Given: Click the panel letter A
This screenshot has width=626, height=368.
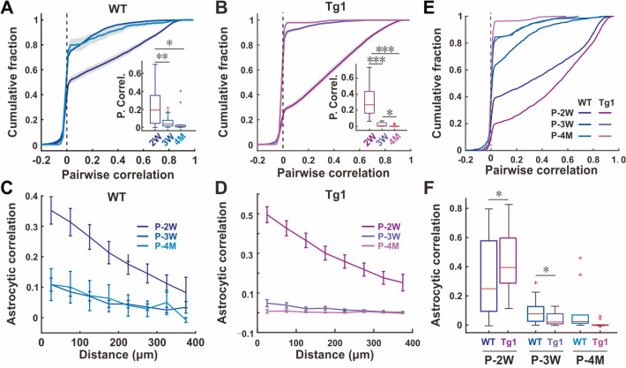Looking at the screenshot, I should pos(8,9).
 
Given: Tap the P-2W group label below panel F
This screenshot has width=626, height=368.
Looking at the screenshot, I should pos(506,359).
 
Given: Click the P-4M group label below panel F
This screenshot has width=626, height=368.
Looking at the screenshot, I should pos(591,359).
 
